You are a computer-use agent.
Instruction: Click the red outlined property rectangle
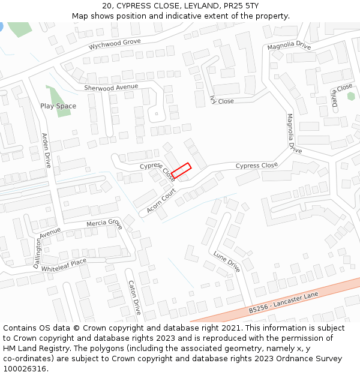click(x=181, y=171)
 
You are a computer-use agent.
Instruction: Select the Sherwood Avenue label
click(x=111, y=88)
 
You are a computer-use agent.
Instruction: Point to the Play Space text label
click(x=58, y=106)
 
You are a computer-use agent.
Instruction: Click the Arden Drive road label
click(x=47, y=150)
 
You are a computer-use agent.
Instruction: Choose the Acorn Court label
click(x=161, y=200)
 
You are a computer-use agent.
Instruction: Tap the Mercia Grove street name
click(x=104, y=223)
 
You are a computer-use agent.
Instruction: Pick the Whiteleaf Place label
click(x=64, y=264)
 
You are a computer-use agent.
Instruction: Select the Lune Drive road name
click(x=227, y=262)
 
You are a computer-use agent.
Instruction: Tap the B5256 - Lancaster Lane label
click(x=283, y=302)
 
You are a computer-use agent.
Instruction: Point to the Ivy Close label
click(x=222, y=101)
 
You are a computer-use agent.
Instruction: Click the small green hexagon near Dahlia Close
click(x=351, y=95)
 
